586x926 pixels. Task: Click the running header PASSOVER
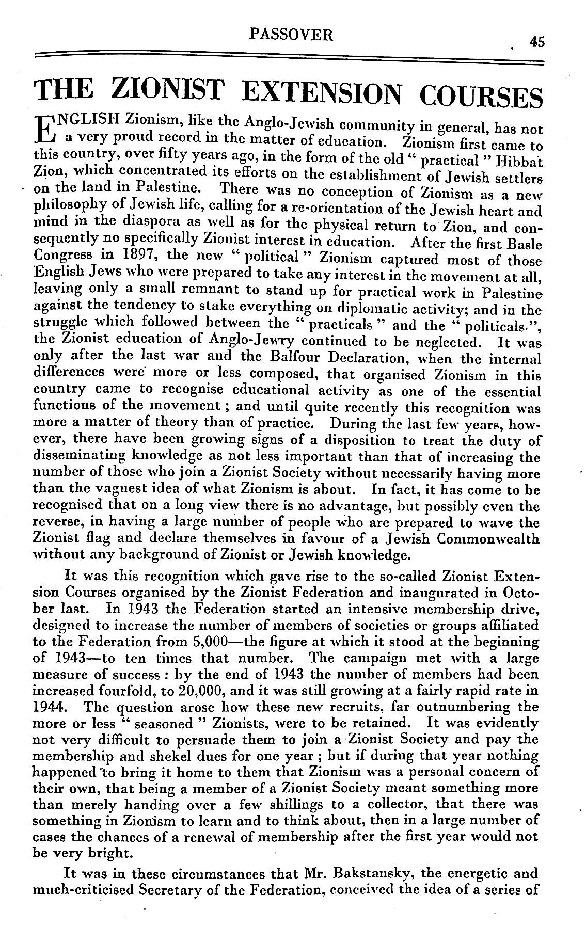coord(291,35)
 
